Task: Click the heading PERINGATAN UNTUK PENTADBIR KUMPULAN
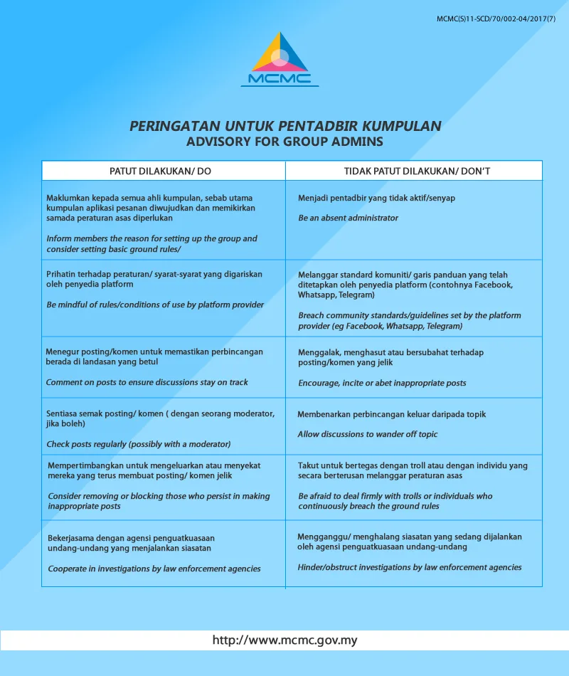tap(285, 126)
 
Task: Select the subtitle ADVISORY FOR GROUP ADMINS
tap(284, 142)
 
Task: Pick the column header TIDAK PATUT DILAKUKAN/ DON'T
tap(412, 171)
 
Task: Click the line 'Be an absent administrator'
tap(348, 218)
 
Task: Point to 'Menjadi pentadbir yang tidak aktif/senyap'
tap(376, 197)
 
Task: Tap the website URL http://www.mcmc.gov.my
tap(284, 640)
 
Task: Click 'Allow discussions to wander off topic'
tap(368, 434)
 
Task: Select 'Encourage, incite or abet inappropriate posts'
tap(382, 383)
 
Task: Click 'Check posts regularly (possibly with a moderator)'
tap(139, 444)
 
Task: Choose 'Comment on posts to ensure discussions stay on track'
tap(147, 382)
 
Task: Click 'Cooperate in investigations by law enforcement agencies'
tap(154, 569)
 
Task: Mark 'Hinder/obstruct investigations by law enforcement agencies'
tap(410, 567)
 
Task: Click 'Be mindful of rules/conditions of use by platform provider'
tap(155, 305)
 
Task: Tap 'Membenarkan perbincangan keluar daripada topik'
tap(392, 414)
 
